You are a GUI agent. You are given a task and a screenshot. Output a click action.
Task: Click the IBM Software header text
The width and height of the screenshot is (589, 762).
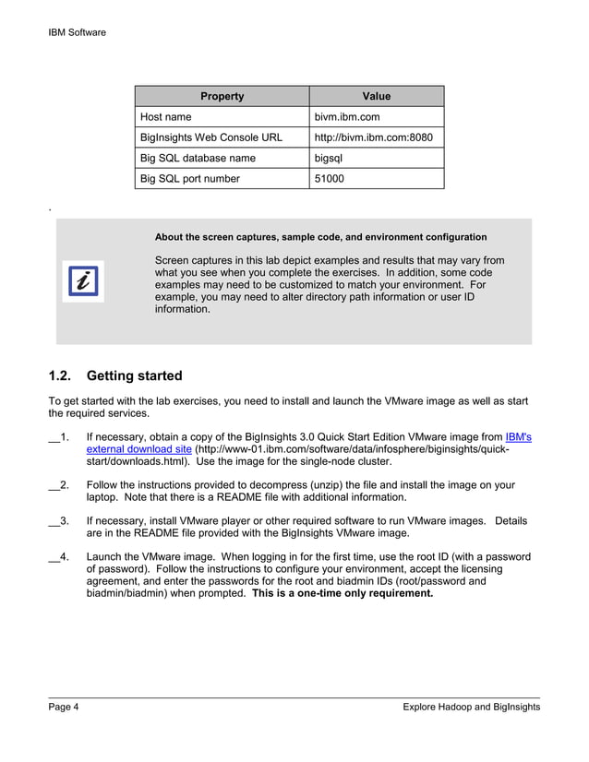coord(77,32)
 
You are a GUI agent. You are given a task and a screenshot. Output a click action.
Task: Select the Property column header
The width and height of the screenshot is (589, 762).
coord(222,96)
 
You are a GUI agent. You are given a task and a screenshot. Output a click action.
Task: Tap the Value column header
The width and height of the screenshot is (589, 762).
coord(376,96)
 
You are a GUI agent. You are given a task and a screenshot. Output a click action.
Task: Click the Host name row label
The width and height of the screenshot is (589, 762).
coord(166,117)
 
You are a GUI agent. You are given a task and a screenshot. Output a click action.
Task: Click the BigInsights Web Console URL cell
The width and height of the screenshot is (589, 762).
coord(210,137)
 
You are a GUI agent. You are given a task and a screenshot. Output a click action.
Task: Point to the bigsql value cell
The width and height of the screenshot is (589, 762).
coord(330,158)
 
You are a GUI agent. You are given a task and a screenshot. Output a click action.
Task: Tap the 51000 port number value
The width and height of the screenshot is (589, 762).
coord(330,178)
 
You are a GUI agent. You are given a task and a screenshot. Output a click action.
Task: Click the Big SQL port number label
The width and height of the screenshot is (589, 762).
coord(189,178)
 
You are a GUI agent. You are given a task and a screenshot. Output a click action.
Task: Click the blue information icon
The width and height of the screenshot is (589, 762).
coord(83,280)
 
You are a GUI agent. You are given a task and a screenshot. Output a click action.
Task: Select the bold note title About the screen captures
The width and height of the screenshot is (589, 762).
coord(320,237)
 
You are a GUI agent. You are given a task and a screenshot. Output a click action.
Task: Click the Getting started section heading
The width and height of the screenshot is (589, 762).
coord(134,375)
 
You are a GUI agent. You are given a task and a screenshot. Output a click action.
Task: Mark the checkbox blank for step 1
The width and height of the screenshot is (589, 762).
coord(54,438)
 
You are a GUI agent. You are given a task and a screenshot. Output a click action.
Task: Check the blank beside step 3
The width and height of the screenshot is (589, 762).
coord(54,522)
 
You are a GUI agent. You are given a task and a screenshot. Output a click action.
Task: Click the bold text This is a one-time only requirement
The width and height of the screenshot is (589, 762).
coord(343,593)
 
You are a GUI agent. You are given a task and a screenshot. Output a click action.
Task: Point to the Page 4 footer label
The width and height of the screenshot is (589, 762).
coord(64,707)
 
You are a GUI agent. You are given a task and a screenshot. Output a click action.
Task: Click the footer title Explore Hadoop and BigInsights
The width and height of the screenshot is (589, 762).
coord(471,707)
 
